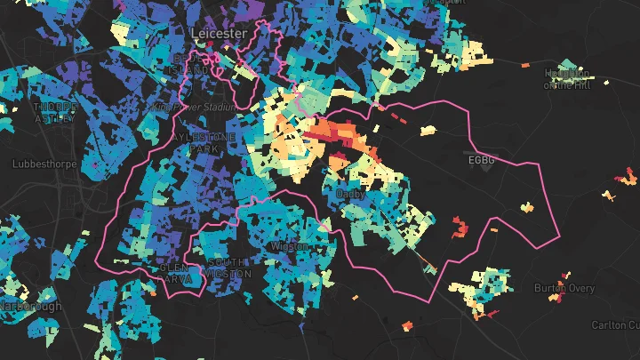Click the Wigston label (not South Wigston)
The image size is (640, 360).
point(290,245)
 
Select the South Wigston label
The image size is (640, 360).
point(226,268)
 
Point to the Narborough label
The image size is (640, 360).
point(30,307)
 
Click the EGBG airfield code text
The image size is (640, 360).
point(480,161)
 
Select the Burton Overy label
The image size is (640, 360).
point(563,288)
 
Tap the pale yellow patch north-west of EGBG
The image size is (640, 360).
point(428,130)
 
